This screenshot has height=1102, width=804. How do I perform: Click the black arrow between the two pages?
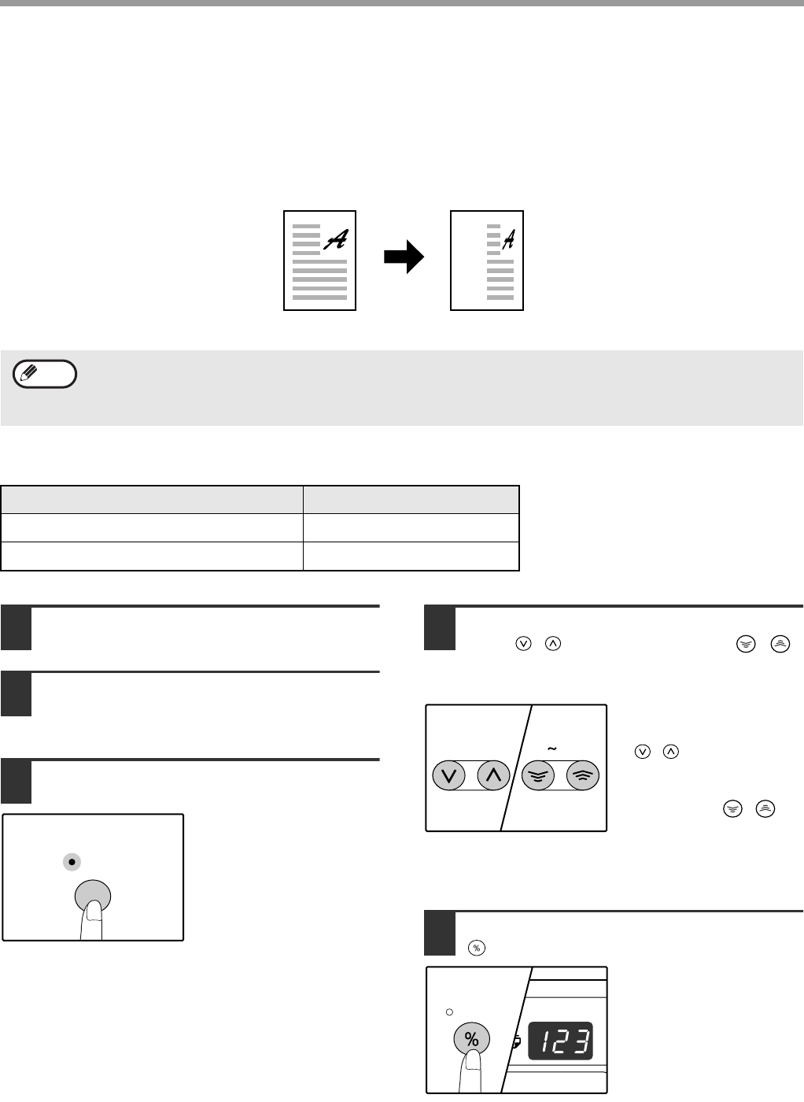click(x=404, y=257)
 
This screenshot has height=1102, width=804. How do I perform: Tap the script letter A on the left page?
click(x=336, y=239)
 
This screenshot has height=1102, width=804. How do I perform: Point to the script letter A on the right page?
click(x=509, y=239)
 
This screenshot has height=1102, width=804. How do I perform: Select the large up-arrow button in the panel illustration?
click(x=493, y=775)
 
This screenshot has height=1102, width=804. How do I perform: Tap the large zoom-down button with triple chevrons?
click(x=538, y=775)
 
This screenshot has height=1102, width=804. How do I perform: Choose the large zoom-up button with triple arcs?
click(x=583, y=775)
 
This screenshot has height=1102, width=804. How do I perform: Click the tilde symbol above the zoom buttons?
click(x=552, y=749)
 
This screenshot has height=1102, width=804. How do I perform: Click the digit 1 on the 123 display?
click(x=546, y=1041)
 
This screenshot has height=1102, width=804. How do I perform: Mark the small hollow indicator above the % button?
click(x=449, y=1012)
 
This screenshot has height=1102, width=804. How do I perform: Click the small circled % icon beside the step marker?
click(x=477, y=948)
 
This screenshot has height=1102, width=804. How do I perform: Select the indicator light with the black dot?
click(x=72, y=862)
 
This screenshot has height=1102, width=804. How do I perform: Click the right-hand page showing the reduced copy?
click(x=487, y=261)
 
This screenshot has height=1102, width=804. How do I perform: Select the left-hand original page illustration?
click(x=319, y=261)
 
